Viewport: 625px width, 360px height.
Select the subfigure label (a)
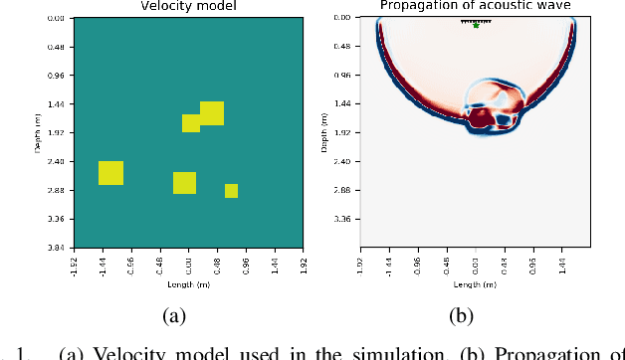175,316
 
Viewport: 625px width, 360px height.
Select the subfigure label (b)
460,316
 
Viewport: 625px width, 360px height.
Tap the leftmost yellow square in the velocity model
110,172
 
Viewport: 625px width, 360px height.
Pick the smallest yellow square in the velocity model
231,191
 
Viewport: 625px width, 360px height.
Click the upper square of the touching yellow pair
212,112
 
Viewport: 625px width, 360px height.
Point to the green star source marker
476,25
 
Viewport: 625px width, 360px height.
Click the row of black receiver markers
476,20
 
